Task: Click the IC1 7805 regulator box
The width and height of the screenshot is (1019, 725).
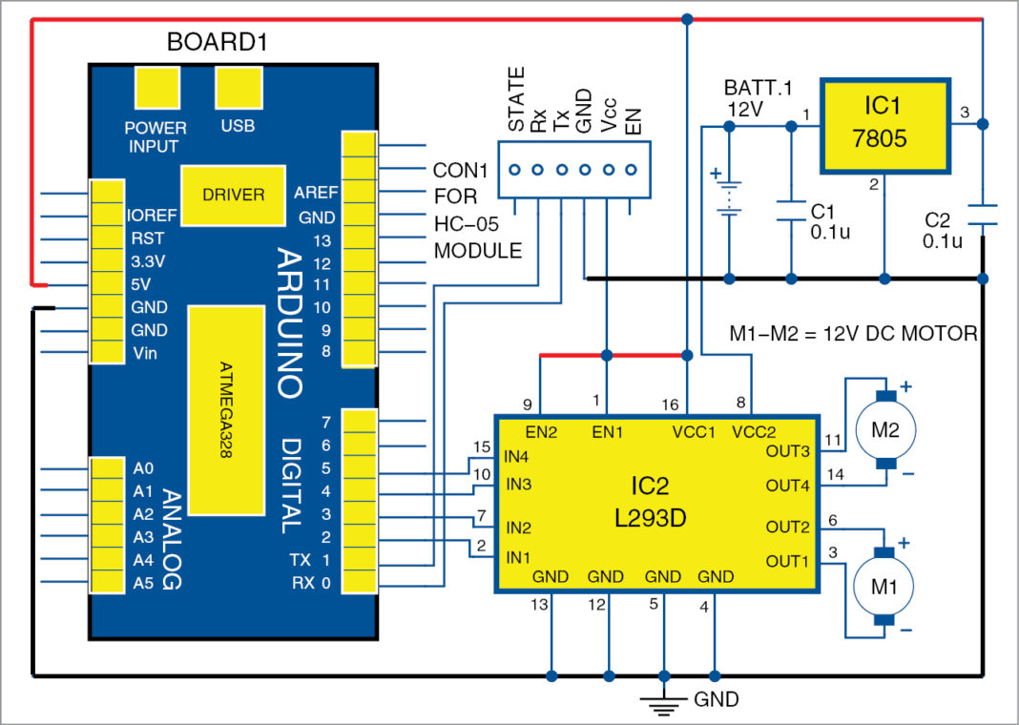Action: pos(884,127)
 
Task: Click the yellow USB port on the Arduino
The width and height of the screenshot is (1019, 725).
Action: pos(238,90)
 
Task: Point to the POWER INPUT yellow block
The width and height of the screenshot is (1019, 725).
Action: pos(156,90)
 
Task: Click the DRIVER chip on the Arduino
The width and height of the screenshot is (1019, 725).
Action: pos(233,195)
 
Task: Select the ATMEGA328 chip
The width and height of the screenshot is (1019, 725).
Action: pos(225,410)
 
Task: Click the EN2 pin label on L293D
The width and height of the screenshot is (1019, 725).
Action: pos(541,432)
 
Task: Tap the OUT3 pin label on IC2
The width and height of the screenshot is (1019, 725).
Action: pos(789,449)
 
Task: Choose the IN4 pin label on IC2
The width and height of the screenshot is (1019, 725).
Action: pos(519,455)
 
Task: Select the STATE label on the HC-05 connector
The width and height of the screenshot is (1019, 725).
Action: pos(516,100)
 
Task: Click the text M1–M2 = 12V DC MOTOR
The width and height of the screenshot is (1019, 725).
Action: pos(852,334)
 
